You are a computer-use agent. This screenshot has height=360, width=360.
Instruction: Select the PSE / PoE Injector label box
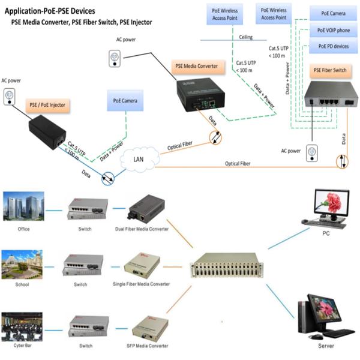click(47, 105)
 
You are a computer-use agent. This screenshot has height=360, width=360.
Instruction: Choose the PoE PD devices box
click(333, 46)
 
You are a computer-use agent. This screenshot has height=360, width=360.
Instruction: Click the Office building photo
click(23, 206)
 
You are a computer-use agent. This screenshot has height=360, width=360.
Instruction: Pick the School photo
click(23, 262)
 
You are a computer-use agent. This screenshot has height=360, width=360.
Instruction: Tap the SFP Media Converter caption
click(142, 346)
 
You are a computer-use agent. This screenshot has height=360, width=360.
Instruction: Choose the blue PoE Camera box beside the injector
click(124, 101)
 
